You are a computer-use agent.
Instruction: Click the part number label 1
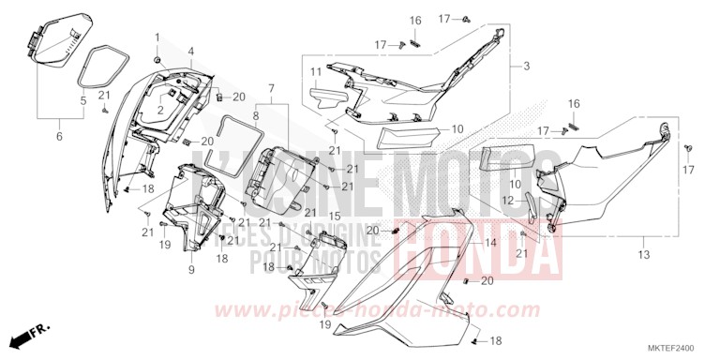pos(157,37)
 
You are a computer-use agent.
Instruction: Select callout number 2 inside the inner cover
pos(160,111)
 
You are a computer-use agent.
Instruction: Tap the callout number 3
pos(526,67)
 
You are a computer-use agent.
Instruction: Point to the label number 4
pos(190,51)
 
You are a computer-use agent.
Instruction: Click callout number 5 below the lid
pos(82,99)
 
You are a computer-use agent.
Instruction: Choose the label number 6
pos(58,137)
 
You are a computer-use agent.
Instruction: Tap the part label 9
pos(190,270)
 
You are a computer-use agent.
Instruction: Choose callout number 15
pos(332,216)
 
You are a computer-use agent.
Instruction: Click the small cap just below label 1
pos(157,60)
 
